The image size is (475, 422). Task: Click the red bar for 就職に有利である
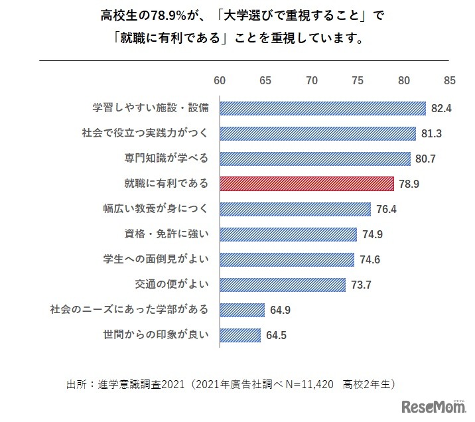[306, 184]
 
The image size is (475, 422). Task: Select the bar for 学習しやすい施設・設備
[322, 108]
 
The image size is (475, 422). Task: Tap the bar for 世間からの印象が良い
[240, 335]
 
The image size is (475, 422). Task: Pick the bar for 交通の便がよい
[283, 285]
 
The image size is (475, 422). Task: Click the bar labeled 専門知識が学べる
[314, 159]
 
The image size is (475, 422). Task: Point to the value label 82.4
[441, 108]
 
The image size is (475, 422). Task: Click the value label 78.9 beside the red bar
[409, 184]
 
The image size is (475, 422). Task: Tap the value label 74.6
[370, 259]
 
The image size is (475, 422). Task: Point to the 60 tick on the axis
[220, 80]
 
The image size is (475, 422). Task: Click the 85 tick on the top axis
[450, 80]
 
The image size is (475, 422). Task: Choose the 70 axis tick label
[312, 80]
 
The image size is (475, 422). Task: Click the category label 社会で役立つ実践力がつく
[140, 133]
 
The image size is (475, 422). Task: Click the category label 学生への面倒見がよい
[157, 259]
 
